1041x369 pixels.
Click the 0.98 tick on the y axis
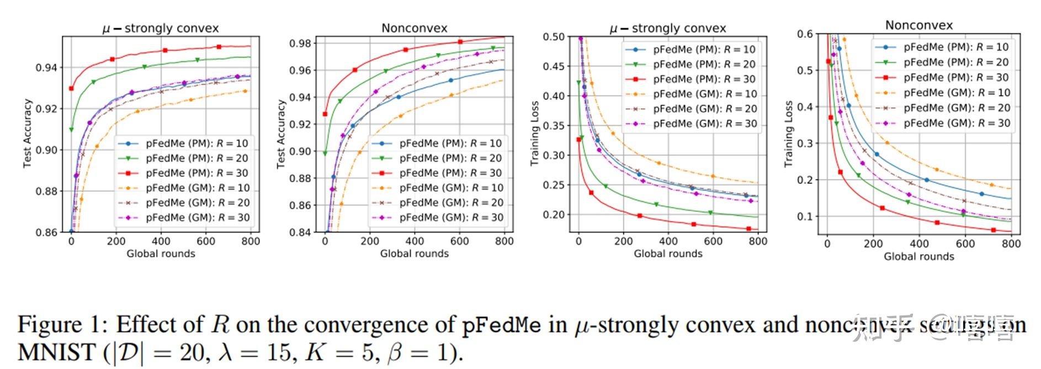(300, 44)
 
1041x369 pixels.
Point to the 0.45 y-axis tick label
(554, 66)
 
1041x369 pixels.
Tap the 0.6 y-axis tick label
(805, 34)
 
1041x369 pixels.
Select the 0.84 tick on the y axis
(300, 233)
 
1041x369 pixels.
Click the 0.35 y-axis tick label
(554, 125)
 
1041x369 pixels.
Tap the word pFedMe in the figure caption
(501, 324)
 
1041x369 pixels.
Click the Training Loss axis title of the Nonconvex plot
(788, 134)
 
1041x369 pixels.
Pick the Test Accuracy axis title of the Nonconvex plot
(281, 134)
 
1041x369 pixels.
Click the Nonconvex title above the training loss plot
(918, 25)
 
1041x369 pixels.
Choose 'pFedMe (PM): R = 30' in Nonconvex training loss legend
(955, 77)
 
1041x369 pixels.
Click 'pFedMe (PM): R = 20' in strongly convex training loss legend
(704, 64)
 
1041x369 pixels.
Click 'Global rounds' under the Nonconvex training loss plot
(918, 256)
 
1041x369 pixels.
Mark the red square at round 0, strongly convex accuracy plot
(71, 88)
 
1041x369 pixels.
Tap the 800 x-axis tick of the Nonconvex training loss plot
(1011, 244)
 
